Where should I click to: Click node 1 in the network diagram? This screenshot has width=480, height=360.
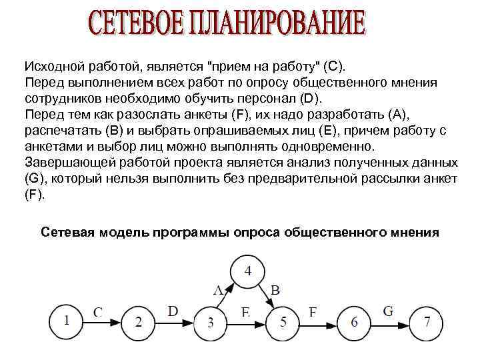click(x=67, y=321)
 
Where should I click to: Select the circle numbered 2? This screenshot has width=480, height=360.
click(x=139, y=323)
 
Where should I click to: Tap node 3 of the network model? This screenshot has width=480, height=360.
click(x=211, y=323)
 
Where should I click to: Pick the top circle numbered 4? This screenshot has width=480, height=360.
click(x=248, y=271)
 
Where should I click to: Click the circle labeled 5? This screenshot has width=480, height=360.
click(x=283, y=323)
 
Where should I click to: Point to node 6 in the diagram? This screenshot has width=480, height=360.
click(x=354, y=323)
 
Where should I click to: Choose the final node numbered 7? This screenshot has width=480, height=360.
click(x=427, y=323)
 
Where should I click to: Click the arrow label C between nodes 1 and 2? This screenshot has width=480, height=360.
click(x=98, y=311)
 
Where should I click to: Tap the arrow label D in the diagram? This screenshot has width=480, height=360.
click(x=173, y=311)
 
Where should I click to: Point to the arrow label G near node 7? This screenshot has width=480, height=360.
click(x=389, y=311)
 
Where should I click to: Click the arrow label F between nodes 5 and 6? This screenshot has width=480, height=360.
click(x=313, y=311)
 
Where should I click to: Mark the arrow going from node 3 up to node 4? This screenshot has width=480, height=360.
click(x=225, y=295)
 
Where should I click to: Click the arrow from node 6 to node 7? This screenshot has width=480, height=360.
click(x=391, y=323)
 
